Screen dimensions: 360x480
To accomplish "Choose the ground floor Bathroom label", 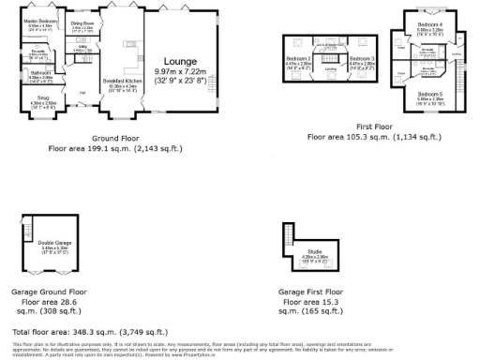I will coord(41,72).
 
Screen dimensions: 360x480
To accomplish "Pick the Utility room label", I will coord(82,46).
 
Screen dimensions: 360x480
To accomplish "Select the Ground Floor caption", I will coord(109,140).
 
